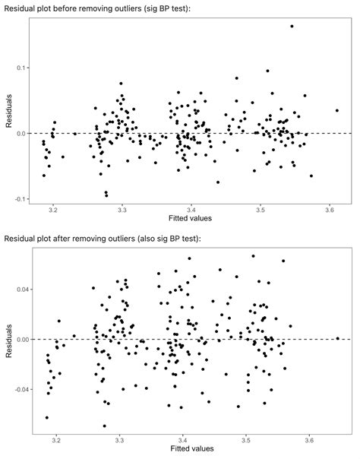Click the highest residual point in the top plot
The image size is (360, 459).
tap(292, 26)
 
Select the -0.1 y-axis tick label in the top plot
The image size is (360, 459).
tap(18, 199)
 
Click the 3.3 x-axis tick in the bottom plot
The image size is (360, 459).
tap(120, 440)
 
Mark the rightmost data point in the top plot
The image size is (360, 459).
tap(336, 110)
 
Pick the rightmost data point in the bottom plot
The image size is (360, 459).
tap(337, 338)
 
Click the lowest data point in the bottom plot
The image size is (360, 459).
tap(104, 426)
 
